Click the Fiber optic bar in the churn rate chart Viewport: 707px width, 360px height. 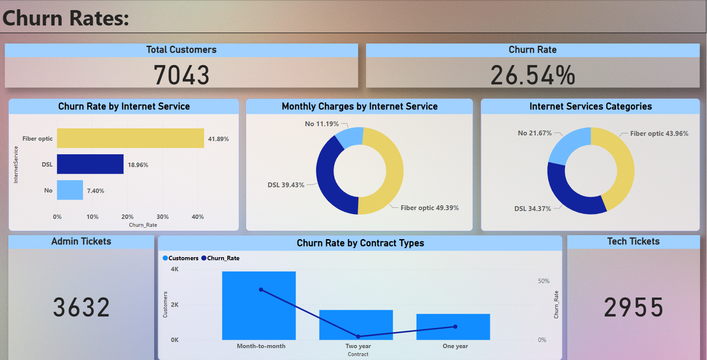[131, 138]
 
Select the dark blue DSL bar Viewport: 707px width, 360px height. [90, 164]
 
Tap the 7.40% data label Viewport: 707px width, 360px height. [95, 191]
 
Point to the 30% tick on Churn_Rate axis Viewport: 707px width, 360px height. [163, 217]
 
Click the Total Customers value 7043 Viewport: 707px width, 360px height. [181, 75]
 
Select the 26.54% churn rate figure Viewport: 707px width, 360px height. [533, 75]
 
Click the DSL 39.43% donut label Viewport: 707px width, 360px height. [286, 185]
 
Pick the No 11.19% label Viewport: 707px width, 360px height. [322, 124]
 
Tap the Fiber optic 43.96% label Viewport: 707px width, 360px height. [659, 134]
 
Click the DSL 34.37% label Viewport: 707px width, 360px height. [533, 209]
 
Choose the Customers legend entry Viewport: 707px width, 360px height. [181, 258]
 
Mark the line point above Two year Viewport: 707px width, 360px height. [358, 336]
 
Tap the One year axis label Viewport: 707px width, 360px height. [455, 346]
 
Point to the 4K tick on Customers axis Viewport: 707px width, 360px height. [174, 269]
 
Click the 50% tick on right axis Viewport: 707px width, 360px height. [544, 281]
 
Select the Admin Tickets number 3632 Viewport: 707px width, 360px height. [81, 307]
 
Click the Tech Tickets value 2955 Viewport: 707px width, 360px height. [633, 307]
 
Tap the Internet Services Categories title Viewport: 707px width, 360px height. [590, 106]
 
